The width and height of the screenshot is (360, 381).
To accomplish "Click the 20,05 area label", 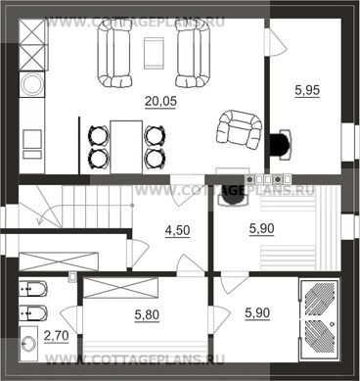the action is click(160, 101).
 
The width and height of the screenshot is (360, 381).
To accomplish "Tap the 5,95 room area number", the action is click(307, 90).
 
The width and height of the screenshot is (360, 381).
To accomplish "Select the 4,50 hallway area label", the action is click(177, 230).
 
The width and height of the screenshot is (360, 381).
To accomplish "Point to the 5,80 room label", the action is click(147, 315).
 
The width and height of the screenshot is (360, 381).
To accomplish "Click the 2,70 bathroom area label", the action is click(56, 335).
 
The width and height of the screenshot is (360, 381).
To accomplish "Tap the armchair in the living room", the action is click(239, 129).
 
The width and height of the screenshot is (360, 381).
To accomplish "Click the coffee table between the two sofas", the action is click(154, 53).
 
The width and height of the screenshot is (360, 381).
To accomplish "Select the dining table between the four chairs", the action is click(126, 147).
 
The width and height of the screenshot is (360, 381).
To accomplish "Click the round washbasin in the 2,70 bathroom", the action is click(28, 343).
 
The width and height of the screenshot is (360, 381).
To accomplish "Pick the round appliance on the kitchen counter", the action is click(31, 84).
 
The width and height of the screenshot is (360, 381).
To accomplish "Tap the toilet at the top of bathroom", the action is click(33, 288).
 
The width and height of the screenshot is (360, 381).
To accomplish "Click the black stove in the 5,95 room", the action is click(280, 144).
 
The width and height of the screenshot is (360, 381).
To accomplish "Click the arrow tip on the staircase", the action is click(39, 224).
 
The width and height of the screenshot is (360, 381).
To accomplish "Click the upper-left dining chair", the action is click(98, 135).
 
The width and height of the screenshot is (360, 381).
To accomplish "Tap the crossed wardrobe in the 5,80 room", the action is click(121, 288).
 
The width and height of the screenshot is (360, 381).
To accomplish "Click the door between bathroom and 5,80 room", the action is click(70, 321).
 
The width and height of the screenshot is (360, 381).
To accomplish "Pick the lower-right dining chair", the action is click(155, 159).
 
